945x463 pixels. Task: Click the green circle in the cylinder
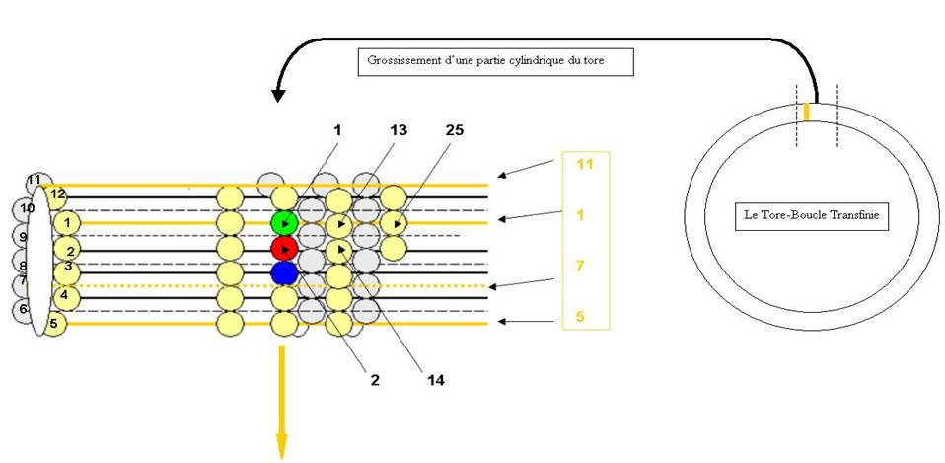point(284,223)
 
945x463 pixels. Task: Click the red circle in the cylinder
point(284,248)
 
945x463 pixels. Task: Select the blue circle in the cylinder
point(284,272)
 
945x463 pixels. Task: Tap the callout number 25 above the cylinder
point(455,130)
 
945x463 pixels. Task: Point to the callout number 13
point(398,130)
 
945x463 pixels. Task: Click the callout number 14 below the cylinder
point(436,380)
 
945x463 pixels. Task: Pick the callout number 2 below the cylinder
point(375,380)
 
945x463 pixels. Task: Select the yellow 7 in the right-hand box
point(580,265)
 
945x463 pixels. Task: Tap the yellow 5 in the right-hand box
point(580,315)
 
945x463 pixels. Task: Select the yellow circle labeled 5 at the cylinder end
point(54,324)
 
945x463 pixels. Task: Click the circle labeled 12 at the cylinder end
point(58,194)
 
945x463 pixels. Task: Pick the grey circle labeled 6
point(25,310)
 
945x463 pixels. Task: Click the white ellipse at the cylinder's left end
point(39,261)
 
